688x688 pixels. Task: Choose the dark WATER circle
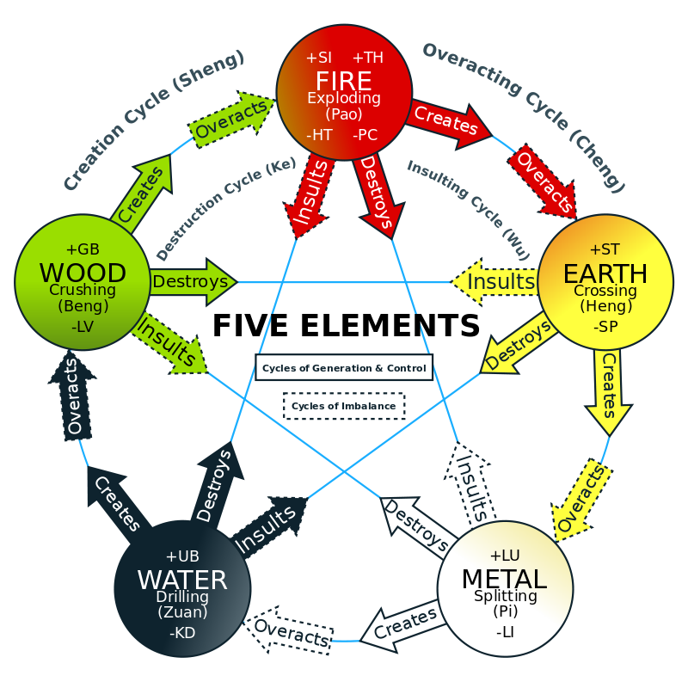(182, 588)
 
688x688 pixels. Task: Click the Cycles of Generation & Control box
(344, 368)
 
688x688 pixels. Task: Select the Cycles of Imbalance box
(344, 406)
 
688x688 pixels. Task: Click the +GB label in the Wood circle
(83, 249)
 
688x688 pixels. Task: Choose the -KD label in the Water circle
(182, 633)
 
